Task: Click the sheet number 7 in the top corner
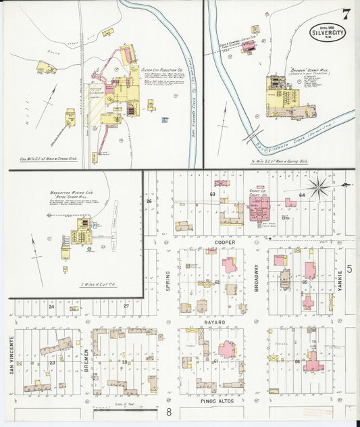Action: click(345, 14)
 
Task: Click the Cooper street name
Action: click(224, 241)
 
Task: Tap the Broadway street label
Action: click(256, 276)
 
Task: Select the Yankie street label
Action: click(340, 280)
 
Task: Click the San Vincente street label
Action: click(12, 354)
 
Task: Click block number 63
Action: click(212, 195)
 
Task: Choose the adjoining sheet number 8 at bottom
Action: click(170, 411)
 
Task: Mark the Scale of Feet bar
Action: click(128, 408)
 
